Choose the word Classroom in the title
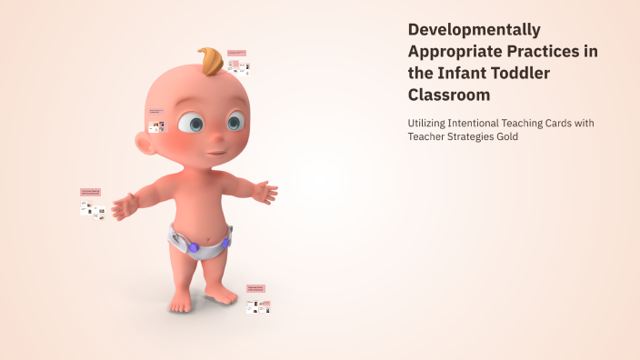click(449, 94)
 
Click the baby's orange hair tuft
click(211, 60)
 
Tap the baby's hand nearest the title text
click(265, 192)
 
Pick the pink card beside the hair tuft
click(237, 54)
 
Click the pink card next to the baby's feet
click(255, 288)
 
